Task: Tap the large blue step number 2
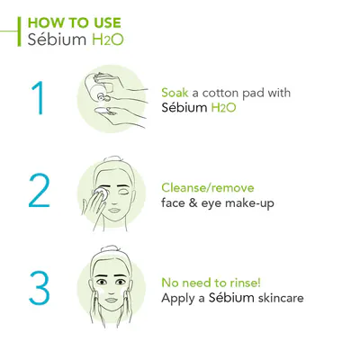(39, 191)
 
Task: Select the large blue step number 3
(39, 288)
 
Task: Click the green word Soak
(175, 93)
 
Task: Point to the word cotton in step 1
(221, 93)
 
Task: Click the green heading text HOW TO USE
(74, 22)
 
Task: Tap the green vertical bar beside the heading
(19, 31)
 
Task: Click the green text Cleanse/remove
(208, 188)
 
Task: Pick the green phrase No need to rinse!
(211, 283)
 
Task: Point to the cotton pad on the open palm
(105, 112)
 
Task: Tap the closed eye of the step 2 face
(123, 191)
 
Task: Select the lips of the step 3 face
(111, 300)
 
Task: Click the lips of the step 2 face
(113, 211)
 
